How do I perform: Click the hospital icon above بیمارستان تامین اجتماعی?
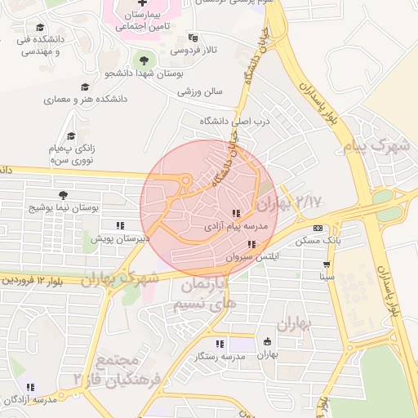(143, 4)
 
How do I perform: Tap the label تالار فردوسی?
(194, 51)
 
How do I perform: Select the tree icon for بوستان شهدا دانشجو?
(145, 60)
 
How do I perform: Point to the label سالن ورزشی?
(200, 91)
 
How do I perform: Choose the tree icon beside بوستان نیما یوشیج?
(64, 194)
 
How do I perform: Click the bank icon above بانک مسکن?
(318, 228)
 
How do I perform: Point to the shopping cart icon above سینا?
(327, 265)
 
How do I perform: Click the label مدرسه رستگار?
(220, 357)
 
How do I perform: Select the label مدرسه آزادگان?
(30, 399)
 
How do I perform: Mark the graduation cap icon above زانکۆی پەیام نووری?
(72, 136)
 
